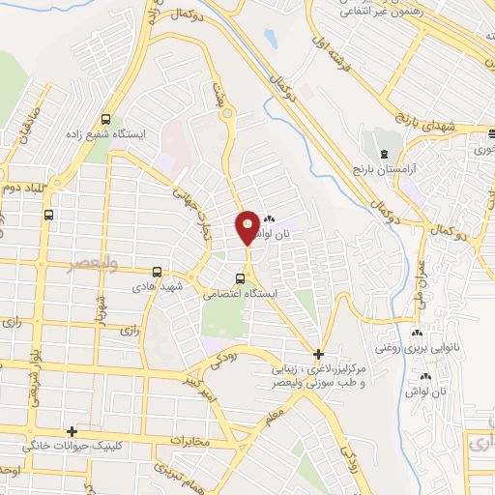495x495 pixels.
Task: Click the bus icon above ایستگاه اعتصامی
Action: (240, 281)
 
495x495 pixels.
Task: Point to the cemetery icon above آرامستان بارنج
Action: (384, 156)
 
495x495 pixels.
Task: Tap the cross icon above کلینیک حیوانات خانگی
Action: (72, 432)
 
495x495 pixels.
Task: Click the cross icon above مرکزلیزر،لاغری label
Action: (318, 354)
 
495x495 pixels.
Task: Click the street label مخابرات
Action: (184, 442)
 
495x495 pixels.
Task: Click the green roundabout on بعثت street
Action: (229, 118)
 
